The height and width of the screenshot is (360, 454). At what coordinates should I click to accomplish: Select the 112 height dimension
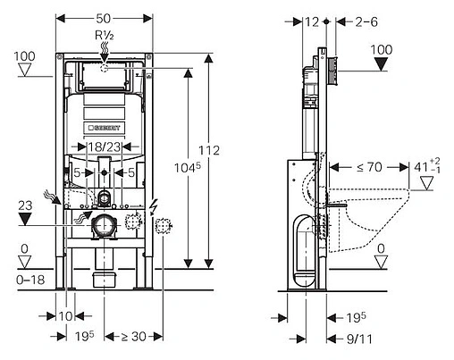(x=209, y=149)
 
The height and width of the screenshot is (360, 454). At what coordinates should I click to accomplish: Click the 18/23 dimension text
(x=105, y=146)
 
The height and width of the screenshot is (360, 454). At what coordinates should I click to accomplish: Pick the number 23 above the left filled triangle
(x=24, y=204)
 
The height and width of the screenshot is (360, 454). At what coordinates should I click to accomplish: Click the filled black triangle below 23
(x=24, y=220)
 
